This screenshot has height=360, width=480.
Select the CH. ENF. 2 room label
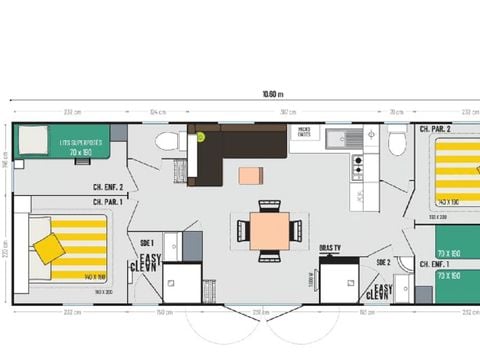point(107,187)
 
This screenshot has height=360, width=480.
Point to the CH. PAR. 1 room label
point(107,201)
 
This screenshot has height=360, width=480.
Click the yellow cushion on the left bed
point(48,249)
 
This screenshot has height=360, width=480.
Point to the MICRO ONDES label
point(302,131)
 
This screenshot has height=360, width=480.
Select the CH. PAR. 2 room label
point(435,130)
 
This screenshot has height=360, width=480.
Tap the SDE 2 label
point(383,261)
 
